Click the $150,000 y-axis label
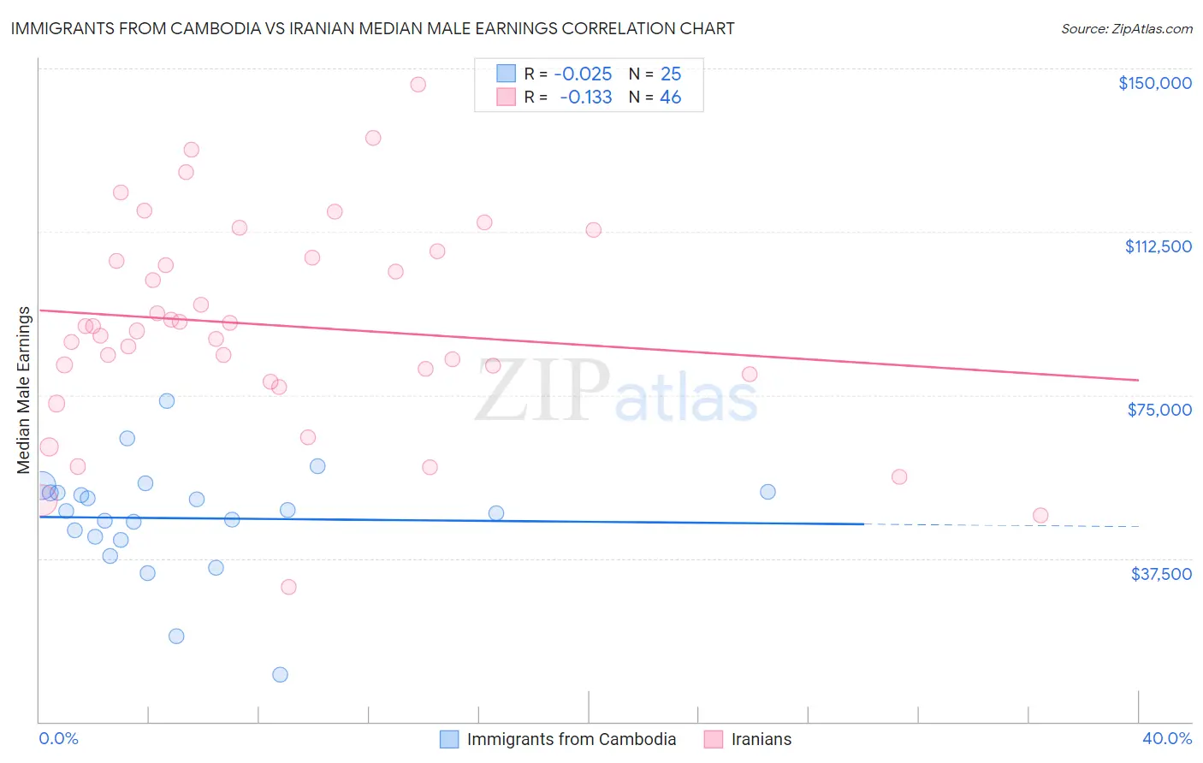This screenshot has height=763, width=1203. point(1154,83)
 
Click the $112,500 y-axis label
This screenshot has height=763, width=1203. point(1158,246)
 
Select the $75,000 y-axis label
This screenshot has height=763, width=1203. point(1159,410)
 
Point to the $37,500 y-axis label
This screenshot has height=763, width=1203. point(1161,574)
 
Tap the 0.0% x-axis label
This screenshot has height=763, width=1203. point(58,738)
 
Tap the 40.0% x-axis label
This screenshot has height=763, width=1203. point(1166,738)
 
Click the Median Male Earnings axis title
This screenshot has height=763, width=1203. point(23,390)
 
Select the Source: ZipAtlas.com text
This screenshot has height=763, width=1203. point(1126,29)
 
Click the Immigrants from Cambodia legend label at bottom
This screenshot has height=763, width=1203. point(571,739)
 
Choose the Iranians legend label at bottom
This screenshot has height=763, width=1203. point(761,739)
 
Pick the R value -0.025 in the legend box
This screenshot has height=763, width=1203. point(583,74)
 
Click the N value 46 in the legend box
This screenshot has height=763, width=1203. point(670,98)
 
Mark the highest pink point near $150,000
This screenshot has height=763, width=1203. point(418,85)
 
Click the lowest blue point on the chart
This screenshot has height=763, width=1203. point(280,675)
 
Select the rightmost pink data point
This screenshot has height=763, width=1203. point(1040,515)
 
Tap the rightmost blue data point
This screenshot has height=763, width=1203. point(767,492)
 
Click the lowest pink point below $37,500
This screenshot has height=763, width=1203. point(288,587)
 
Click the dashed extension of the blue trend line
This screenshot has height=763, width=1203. point(1001,525)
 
